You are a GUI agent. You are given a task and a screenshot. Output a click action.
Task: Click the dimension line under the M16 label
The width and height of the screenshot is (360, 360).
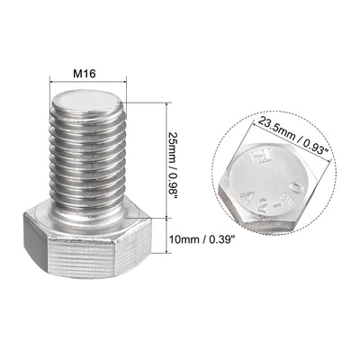(88, 81)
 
